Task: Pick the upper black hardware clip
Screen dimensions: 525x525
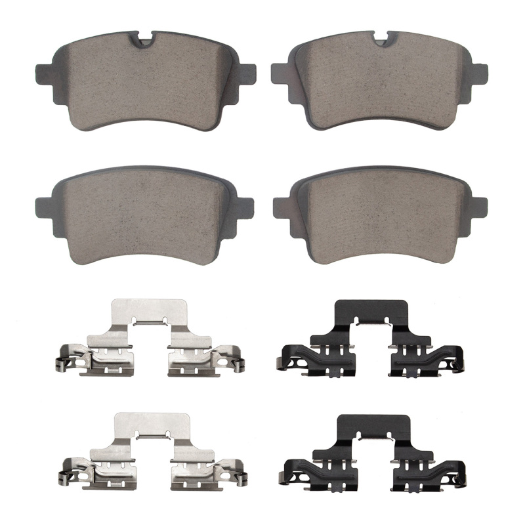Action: tap(371, 341)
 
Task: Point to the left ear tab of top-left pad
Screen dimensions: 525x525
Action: tap(43, 73)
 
